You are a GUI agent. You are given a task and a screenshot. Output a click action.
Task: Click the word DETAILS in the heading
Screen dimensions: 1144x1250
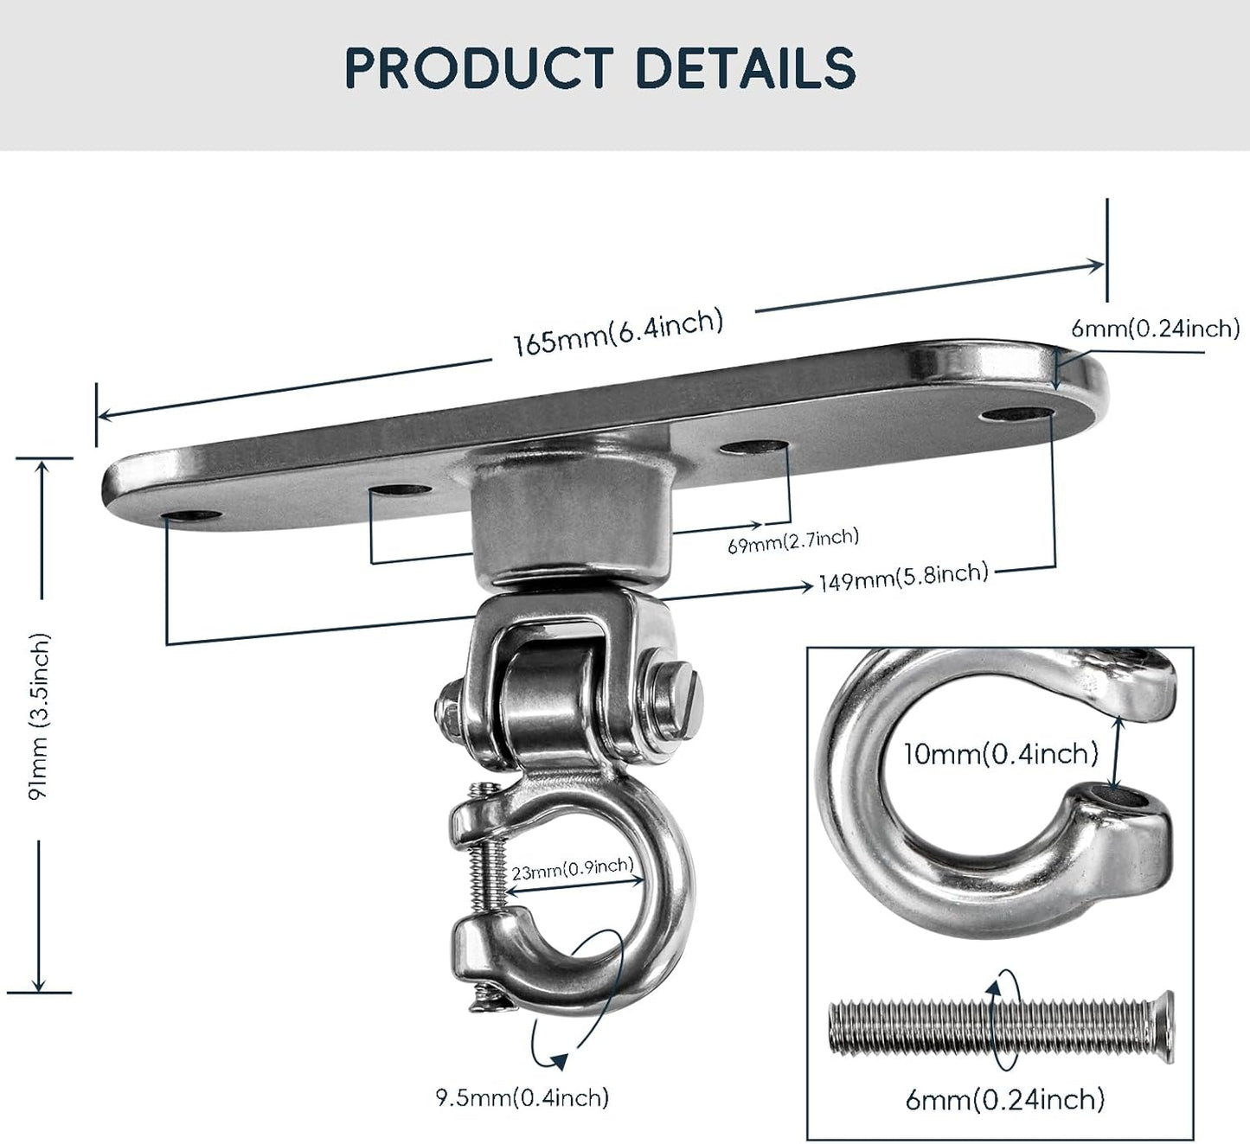745,67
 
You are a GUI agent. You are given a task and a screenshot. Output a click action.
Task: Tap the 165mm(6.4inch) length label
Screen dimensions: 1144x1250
618,331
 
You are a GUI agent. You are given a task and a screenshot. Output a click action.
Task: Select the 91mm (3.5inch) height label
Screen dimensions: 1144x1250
40,716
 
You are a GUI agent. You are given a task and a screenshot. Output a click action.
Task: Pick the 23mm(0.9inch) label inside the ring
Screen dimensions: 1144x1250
572,868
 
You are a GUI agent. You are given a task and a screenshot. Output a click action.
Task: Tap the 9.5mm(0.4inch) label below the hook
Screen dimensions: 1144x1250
522,1097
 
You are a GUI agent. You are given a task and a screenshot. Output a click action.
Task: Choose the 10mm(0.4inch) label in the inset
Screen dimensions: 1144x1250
1000,753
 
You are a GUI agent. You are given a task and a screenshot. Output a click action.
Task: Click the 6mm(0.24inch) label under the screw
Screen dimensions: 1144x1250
1004,1099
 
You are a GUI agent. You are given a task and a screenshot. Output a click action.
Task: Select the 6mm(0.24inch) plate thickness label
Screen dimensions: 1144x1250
1155,328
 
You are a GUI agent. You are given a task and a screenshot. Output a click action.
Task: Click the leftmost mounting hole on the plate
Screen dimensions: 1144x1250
192,517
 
